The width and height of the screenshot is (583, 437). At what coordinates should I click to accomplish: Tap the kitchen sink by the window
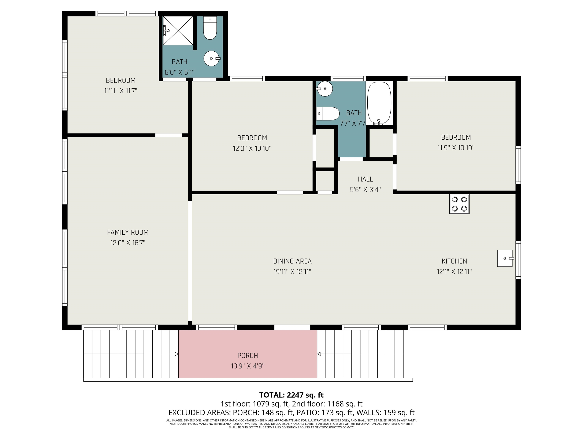tap(505, 258)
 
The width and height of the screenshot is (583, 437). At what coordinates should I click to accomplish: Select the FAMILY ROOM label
tap(128, 232)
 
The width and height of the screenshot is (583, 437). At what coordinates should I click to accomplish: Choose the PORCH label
tap(247, 356)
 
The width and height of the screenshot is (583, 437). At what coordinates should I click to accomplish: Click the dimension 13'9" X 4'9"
tap(247, 366)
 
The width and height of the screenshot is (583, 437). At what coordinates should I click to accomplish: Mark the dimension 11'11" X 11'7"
tap(121, 91)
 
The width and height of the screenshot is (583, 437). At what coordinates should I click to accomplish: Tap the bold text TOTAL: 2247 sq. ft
tap(291, 395)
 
